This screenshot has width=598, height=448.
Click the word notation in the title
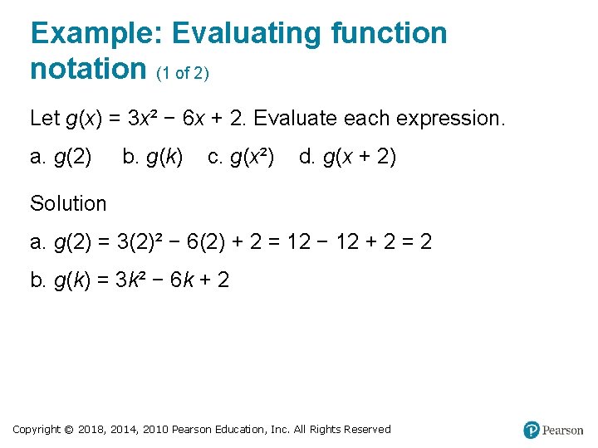(88, 69)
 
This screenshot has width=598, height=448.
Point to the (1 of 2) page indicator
(183, 74)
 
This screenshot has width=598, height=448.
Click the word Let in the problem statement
(44, 119)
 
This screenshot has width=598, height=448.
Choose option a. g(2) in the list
(61, 157)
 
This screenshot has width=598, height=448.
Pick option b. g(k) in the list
(153, 157)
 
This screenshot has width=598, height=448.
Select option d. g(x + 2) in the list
(347, 157)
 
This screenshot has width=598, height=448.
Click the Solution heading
(68, 203)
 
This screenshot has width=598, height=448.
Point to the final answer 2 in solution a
(425, 242)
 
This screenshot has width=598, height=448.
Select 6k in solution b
(183, 280)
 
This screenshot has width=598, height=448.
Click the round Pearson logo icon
(532, 430)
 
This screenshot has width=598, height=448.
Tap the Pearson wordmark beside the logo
(563, 431)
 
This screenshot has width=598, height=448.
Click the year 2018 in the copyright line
(93, 430)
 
